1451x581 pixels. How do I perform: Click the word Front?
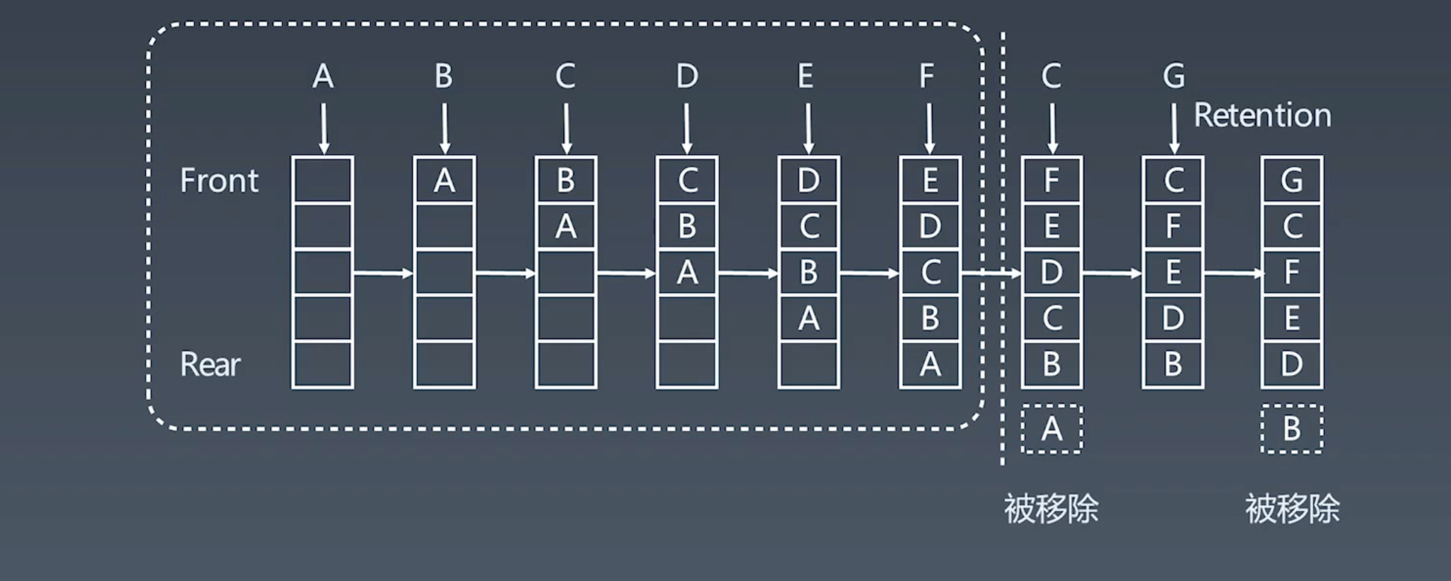coord(219,181)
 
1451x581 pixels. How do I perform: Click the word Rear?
coord(210,364)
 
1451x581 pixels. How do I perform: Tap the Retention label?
coord(1262,115)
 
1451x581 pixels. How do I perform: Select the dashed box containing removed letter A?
coord(1052,429)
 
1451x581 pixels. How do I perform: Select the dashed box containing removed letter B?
coord(1292,429)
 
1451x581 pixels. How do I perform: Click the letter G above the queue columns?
coord(1174,76)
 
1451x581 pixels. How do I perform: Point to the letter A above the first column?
coord(323,76)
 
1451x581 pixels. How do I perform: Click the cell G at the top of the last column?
coord(1292,180)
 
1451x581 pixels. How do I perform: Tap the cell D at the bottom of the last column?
coord(1292,364)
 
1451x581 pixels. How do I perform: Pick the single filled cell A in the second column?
coord(444,180)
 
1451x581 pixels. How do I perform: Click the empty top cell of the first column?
coord(323,180)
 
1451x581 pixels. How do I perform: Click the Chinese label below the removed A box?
coord(1051,509)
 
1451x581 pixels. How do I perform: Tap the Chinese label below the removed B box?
coord(1292,509)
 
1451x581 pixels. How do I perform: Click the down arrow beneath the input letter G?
coord(1174,128)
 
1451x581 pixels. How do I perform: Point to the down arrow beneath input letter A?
coord(323,128)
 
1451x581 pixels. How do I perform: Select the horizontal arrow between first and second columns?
coord(383,273)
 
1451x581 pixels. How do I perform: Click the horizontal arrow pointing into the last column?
coord(1233,273)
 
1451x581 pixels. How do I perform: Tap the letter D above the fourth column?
coord(687,76)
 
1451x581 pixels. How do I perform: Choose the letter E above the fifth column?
coord(806,76)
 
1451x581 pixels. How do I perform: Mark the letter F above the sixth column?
coord(927,76)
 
